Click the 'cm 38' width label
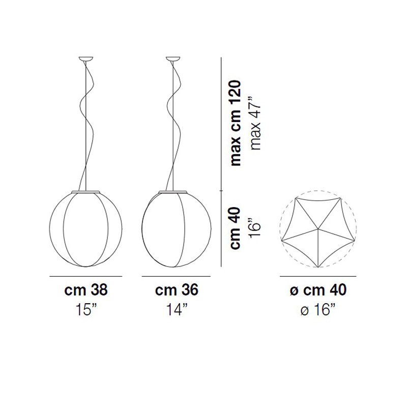point(85,289)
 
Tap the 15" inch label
point(86,309)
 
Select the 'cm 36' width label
point(177,289)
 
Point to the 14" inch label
point(177,309)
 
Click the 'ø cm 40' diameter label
point(318,289)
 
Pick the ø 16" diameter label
point(318,309)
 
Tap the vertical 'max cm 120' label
point(236,123)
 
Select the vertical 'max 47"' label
point(255,123)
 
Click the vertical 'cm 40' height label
point(236,228)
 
